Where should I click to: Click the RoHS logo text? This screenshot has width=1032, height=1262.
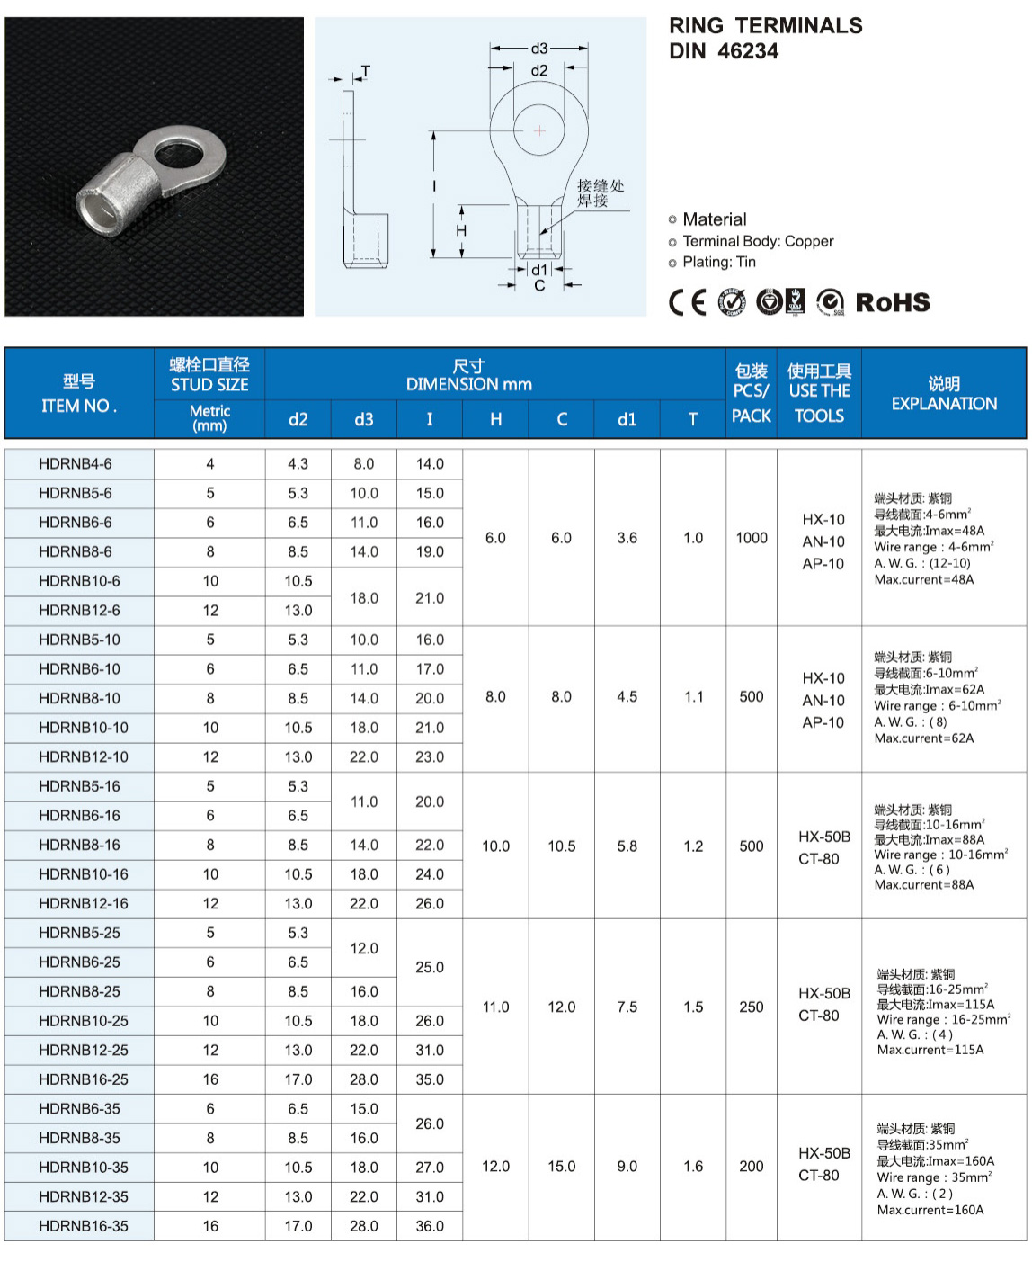[892, 302]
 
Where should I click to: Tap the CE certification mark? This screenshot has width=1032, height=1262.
[688, 302]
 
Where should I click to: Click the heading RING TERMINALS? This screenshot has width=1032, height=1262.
[765, 25]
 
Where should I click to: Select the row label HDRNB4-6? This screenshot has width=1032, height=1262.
[76, 464]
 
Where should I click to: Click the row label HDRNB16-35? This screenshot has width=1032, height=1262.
[83, 1226]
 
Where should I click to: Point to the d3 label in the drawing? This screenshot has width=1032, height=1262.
[539, 49]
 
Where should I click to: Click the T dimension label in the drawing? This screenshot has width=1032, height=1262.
[365, 71]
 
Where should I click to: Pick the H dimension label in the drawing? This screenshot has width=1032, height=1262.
[461, 231]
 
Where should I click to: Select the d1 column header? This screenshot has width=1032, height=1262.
[627, 419]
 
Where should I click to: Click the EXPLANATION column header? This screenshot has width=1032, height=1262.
[944, 394]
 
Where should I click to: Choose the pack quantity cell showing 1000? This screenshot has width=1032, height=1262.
[752, 538]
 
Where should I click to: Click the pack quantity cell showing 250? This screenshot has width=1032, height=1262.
[752, 1007]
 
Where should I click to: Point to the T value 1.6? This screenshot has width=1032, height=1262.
[693, 1167]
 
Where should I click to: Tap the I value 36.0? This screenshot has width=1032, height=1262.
[430, 1226]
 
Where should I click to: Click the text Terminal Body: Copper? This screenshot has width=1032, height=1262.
[758, 241]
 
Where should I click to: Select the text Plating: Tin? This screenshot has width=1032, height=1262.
[719, 262]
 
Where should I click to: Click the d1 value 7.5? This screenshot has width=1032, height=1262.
[627, 1007]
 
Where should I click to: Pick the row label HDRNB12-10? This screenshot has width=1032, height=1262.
[83, 756]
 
